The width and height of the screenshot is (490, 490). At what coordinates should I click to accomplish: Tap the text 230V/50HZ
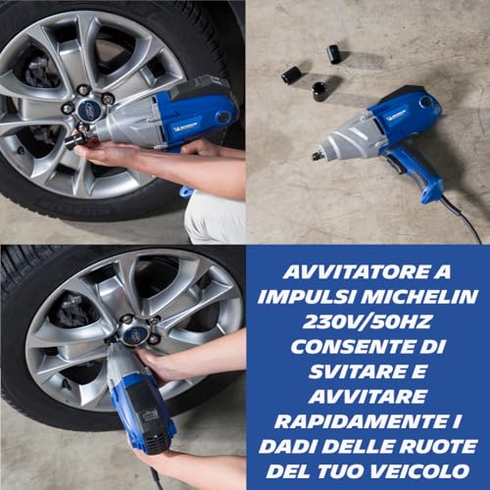[x=367, y=320]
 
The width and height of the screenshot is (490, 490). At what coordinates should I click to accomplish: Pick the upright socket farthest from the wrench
[x=333, y=54]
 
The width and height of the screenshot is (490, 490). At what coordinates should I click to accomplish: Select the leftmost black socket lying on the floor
[x=291, y=73]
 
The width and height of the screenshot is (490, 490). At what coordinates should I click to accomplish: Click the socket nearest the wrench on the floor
[x=320, y=91]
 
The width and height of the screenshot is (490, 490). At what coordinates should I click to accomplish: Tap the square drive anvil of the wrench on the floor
[x=318, y=154]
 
